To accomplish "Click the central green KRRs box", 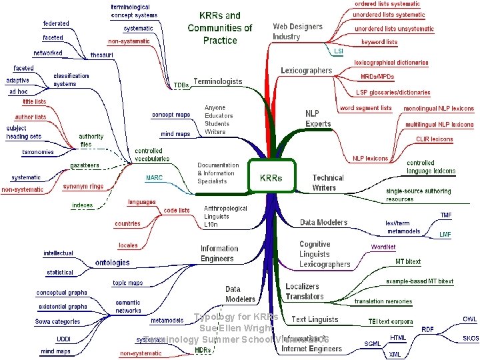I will point(271,178).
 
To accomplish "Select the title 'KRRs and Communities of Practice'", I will point(220,27).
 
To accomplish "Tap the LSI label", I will point(339,51).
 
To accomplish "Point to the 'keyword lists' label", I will point(379,42).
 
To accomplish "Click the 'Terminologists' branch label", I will point(217,82).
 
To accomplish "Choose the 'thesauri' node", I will point(102,55).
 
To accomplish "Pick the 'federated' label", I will point(56,23).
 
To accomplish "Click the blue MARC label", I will point(154,178).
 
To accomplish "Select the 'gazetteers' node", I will point(85,165).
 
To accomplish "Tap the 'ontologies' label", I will point(112,263).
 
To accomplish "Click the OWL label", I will point(470,319).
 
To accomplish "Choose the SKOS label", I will point(471,338).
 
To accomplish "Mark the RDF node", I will point(428,329).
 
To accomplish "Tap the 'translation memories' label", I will point(383,301).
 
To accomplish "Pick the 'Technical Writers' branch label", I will point(328,183).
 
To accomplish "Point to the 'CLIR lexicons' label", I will point(434,139).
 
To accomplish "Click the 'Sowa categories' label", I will point(58,321).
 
